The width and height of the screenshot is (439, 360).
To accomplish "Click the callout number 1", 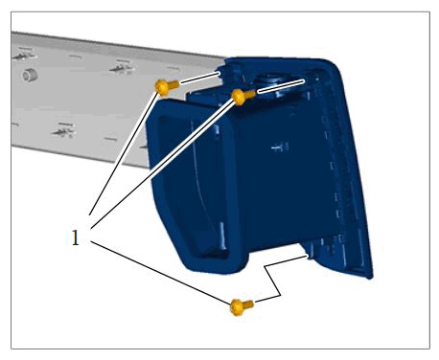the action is pyautogui.click(x=76, y=237).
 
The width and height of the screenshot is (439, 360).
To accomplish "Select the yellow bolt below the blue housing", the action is pyautogui.click(x=242, y=307).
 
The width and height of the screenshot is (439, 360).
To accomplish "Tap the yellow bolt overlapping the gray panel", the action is pyautogui.click(x=166, y=87).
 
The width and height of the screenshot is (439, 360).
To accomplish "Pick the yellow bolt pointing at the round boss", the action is pyautogui.click(x=243, y=96).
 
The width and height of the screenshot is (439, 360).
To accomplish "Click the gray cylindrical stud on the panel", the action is pyautogui.click(x=30, y=76).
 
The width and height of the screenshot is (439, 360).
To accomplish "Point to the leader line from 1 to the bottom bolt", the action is pyautogui.click(x=160, y=272).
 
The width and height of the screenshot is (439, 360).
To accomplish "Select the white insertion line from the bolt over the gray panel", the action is pyautogui.click(x=199, y=79).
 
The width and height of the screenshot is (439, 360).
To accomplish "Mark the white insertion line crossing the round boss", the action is pyautogui.click(x=280, y=86).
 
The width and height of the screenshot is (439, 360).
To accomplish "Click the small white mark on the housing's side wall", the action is pyautogui.click(x=280, y=147).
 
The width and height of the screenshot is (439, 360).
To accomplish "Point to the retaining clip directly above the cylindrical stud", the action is pyautogui.click(x=24, y=55).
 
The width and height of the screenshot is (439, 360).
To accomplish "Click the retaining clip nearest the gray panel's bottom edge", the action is pyautogui.click(x=64, y=130).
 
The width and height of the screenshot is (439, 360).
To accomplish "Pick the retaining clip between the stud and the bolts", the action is pyautogui.click(x=122, y=66).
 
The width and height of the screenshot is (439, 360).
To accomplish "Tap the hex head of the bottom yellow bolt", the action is pyautogui.click(x=237, y=307).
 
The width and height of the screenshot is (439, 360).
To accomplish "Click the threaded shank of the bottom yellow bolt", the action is pyautogui.click(x=249, y=304).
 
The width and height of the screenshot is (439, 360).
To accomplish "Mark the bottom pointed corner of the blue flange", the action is pyautogui.click(x=371, y=277).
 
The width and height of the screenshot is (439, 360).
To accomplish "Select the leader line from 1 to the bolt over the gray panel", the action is pyautogui.click(x=124, y=153).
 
